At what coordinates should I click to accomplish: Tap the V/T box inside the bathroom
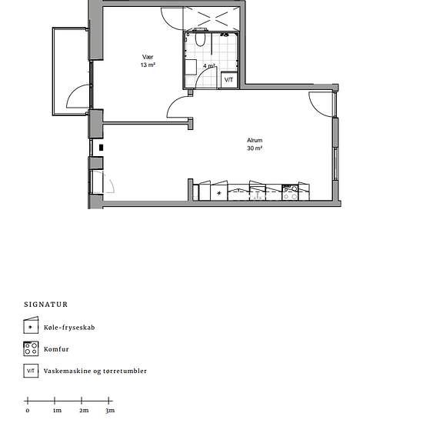[229, 79]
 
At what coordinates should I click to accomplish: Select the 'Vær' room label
[148, 57]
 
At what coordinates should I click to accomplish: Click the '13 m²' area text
[148, 65]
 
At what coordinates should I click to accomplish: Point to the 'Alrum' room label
[255, 140]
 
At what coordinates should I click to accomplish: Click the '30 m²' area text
[255, 148]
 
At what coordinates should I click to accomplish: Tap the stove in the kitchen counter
[290, 192]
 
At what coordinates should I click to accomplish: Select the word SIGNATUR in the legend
[46, 305]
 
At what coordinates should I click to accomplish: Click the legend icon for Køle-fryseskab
[31, 325]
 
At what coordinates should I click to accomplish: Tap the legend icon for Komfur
[31, 348]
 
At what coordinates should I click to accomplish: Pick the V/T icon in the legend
[31, 371]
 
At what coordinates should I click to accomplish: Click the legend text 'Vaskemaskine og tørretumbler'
[95, 371]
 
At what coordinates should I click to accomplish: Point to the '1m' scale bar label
[57, 411]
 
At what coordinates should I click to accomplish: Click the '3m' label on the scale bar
[110, 411]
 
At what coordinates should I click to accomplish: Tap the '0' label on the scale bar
[28, 411]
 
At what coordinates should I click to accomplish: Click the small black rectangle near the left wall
[102, 148]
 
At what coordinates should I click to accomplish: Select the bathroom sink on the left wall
[191, 67]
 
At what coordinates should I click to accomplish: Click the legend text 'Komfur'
[56, 349]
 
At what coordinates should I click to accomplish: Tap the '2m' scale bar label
[84, 411]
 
